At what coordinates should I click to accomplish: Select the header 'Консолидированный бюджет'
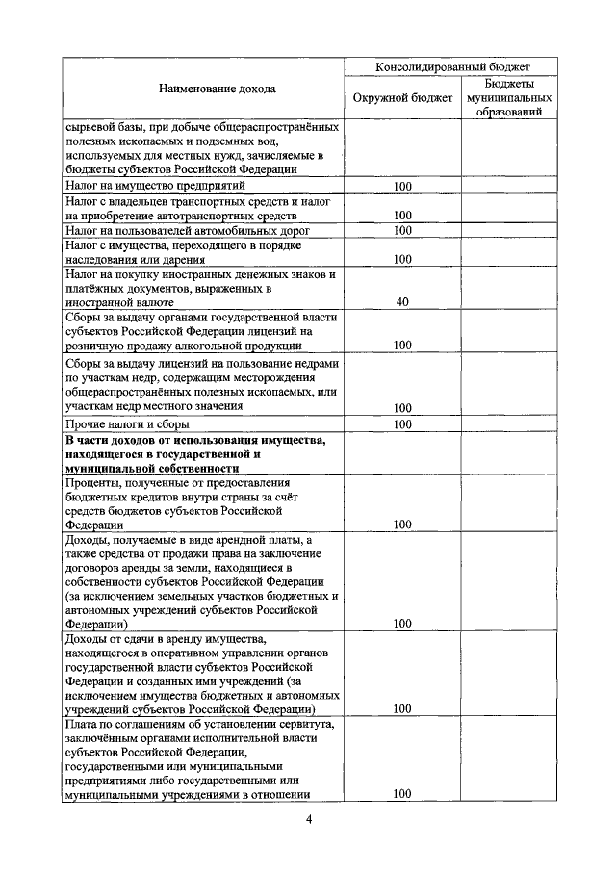451,67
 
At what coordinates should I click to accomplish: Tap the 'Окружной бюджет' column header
402,98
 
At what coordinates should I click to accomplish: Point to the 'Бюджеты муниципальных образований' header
507,98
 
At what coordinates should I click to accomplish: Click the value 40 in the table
402,302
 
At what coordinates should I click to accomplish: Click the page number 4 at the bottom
308,819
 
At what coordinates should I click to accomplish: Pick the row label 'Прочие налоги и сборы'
127,423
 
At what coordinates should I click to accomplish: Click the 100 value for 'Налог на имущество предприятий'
402,186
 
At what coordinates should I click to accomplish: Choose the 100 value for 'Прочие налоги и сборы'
402,424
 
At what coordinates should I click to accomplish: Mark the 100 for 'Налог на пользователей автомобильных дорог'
402,231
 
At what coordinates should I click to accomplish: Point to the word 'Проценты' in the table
93,482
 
